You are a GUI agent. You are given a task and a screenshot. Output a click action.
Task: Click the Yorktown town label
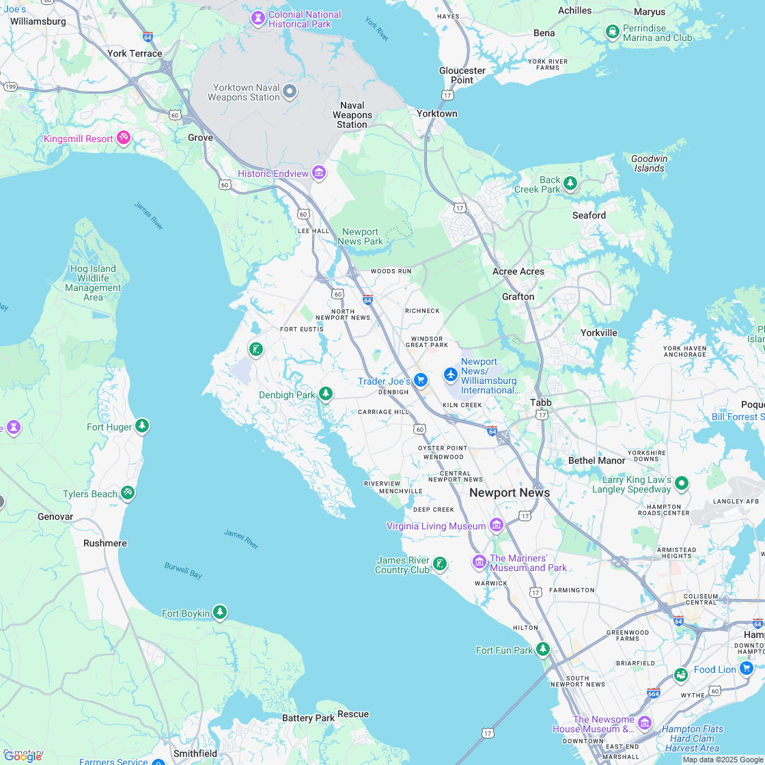pyautogui.click(x=437, y=113)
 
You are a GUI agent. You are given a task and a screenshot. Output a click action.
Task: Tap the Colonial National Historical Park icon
pyautogui.click(x=258, y=18)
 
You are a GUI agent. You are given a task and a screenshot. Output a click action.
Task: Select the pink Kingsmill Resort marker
pyautogui.click(x=124, y=138)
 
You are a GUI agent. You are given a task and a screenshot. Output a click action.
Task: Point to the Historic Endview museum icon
pyautogui.click(x=319, y=173)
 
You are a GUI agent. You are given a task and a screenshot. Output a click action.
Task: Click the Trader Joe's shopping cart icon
pyautogui.click(x=421, y=380)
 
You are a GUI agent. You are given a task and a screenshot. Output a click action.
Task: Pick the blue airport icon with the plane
pyautogui.click(x=450, y=374)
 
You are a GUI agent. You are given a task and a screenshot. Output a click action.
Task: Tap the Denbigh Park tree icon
pyautogui.click(x=326, y=393)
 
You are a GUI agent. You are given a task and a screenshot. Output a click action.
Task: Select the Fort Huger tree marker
pyautogui.click(x=142, y=426)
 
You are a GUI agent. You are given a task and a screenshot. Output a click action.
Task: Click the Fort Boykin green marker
pyautogui.click(x=220, y=612)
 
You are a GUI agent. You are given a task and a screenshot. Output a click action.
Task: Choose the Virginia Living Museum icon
pyautogui.click(x=497, y=525)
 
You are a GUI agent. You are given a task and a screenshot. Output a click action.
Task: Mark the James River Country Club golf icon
pyautogui.click(x=440, y=564)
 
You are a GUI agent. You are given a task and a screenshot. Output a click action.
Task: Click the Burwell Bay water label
pyautogui.click(x=183, y=570)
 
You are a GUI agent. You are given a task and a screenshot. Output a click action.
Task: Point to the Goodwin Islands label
pyautogui.click(x=649, y=163)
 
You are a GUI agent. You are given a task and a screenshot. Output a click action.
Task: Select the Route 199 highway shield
pyautogui.click(x=10, y=87)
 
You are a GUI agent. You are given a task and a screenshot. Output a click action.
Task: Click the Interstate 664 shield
pyautogui.click(x=654, y=693)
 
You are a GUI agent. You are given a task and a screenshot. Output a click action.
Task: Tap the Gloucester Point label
pyautogui.click(x=462, y=75)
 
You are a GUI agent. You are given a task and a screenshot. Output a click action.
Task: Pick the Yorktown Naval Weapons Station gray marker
pyautogui.click(x=290, y=91)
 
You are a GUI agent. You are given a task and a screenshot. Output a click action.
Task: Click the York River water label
pyautogui.click(x=376, y=29)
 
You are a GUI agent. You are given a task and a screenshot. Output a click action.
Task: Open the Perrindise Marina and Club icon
pyautogui.click(x=613, y=31)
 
